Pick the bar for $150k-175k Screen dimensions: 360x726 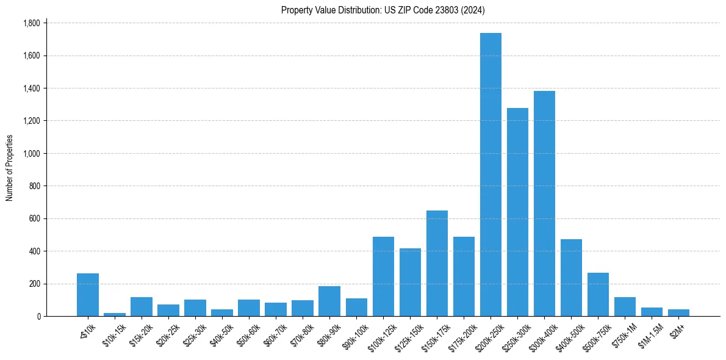pyautogui.click(x=437, y=263)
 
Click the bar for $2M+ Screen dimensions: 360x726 pyautogui.click(x=678, y=312)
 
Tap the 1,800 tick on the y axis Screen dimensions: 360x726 pyautogui.click(x=31, y=23)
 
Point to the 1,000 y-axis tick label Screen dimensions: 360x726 pyautogui.click(x=31, y=154)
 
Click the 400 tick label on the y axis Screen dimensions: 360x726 pyautogui.click(x=34, y=251)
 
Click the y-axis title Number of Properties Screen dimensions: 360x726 pyautogui.click(x=9, y=168)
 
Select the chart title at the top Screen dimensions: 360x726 pyautogui.click(x=383, y=10)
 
